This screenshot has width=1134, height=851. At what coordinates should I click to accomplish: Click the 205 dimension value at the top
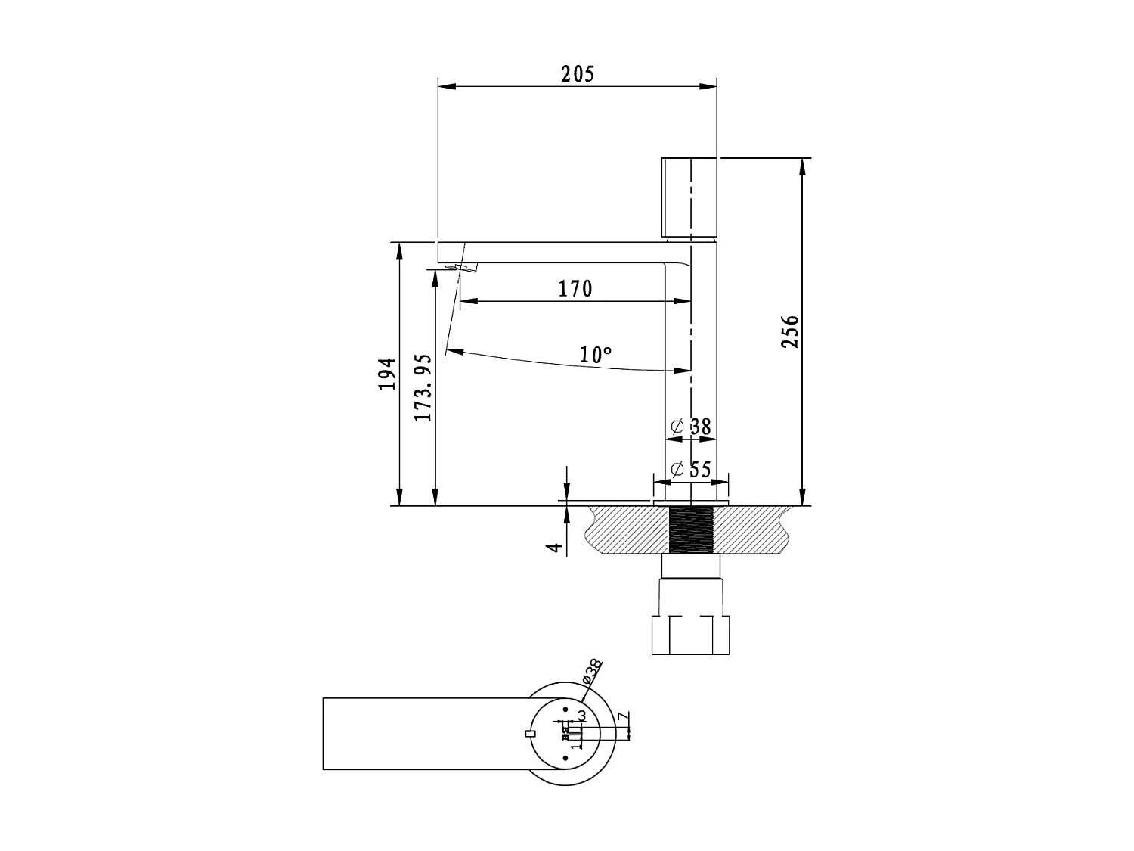(578, 74)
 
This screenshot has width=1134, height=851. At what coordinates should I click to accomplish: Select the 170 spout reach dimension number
(575, 289)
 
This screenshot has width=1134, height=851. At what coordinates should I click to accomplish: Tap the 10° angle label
(596, 354)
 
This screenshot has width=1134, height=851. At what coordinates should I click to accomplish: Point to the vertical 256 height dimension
(789, 331)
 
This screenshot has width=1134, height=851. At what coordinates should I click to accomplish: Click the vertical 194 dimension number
(387, 374)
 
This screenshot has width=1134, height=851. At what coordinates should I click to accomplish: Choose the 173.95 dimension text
(423, 387)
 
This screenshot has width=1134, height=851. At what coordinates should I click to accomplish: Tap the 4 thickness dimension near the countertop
(556, 547)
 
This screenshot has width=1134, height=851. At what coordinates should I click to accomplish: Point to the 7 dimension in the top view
(621, 717)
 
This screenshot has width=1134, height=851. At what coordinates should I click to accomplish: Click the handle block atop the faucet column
(689, 197)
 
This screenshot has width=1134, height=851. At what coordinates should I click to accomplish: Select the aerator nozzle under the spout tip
(461, 266)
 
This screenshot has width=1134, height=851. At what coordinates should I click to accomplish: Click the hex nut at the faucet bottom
(692, 635)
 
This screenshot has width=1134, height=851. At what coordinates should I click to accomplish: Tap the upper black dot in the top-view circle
(565, 710)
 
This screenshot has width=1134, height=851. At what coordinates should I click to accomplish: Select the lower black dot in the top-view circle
(565, 757)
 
